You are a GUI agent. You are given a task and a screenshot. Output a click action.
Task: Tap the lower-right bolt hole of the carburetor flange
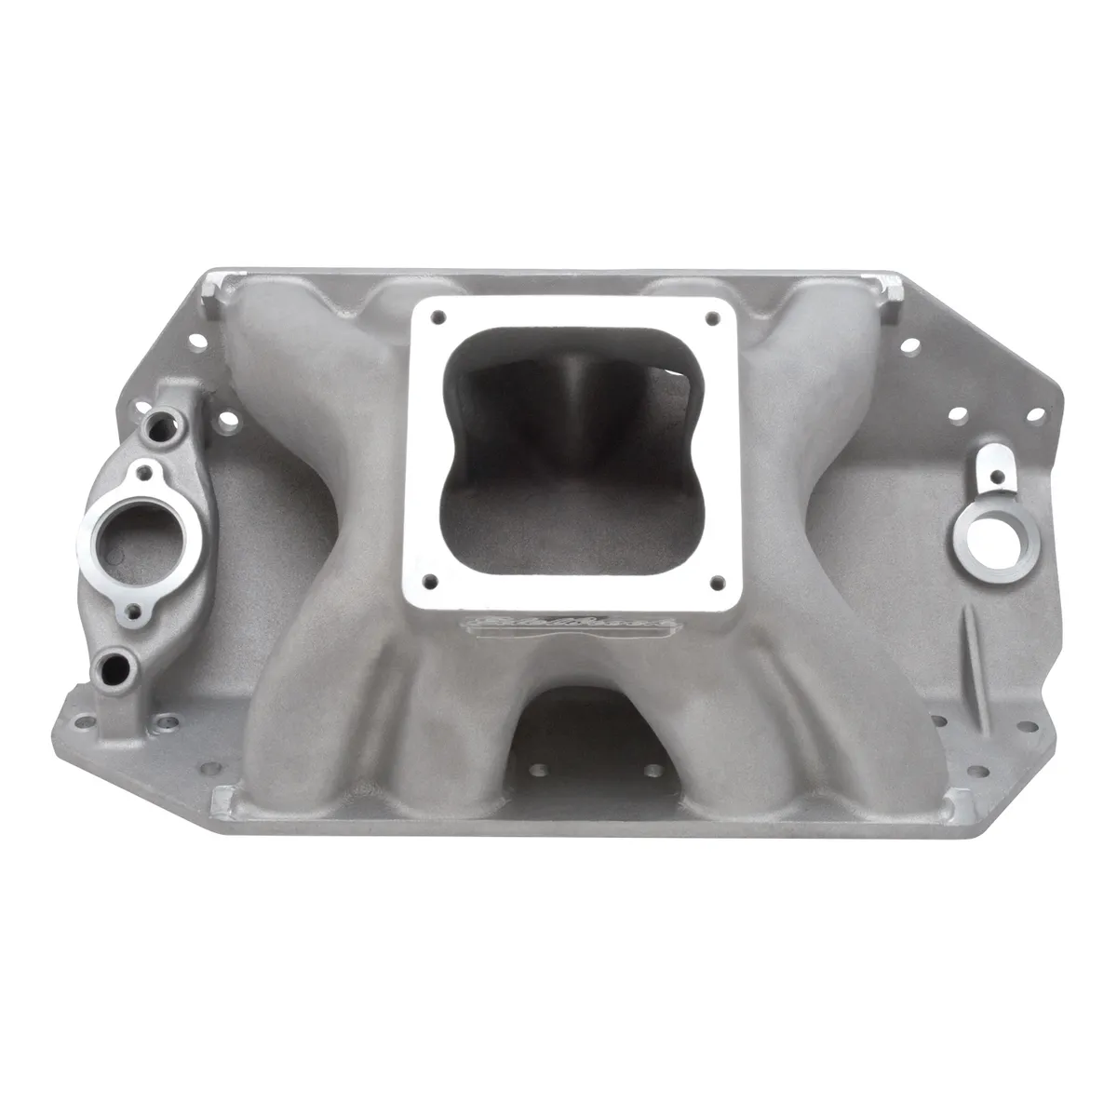[715, 583]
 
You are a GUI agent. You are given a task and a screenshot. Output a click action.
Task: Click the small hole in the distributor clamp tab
[996, 477]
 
